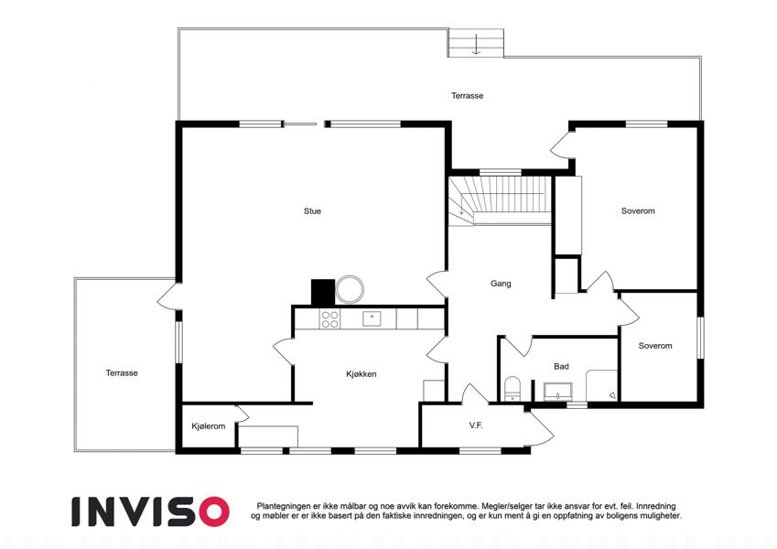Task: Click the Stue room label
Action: (312, 211)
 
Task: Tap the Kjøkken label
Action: (362, 374)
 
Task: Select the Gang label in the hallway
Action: (501, 284)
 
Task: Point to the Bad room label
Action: (561, 367)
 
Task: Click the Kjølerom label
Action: (208, 426)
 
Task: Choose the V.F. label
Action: (476, 425)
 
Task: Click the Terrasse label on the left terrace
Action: (122, 373)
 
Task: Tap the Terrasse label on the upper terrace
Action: (467, 96)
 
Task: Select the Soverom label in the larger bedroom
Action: (638, 211)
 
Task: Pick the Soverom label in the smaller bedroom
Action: (655, 346)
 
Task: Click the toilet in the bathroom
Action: (512, 388)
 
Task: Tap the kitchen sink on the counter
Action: (372, 318)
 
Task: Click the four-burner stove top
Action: (329, 319)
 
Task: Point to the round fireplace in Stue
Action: (350, 289)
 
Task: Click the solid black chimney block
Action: (322, 292)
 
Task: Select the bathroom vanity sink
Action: (558, 392)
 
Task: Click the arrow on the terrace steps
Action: (476, 44)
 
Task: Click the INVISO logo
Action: (151, 511)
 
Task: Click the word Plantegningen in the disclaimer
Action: (284, 506)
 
